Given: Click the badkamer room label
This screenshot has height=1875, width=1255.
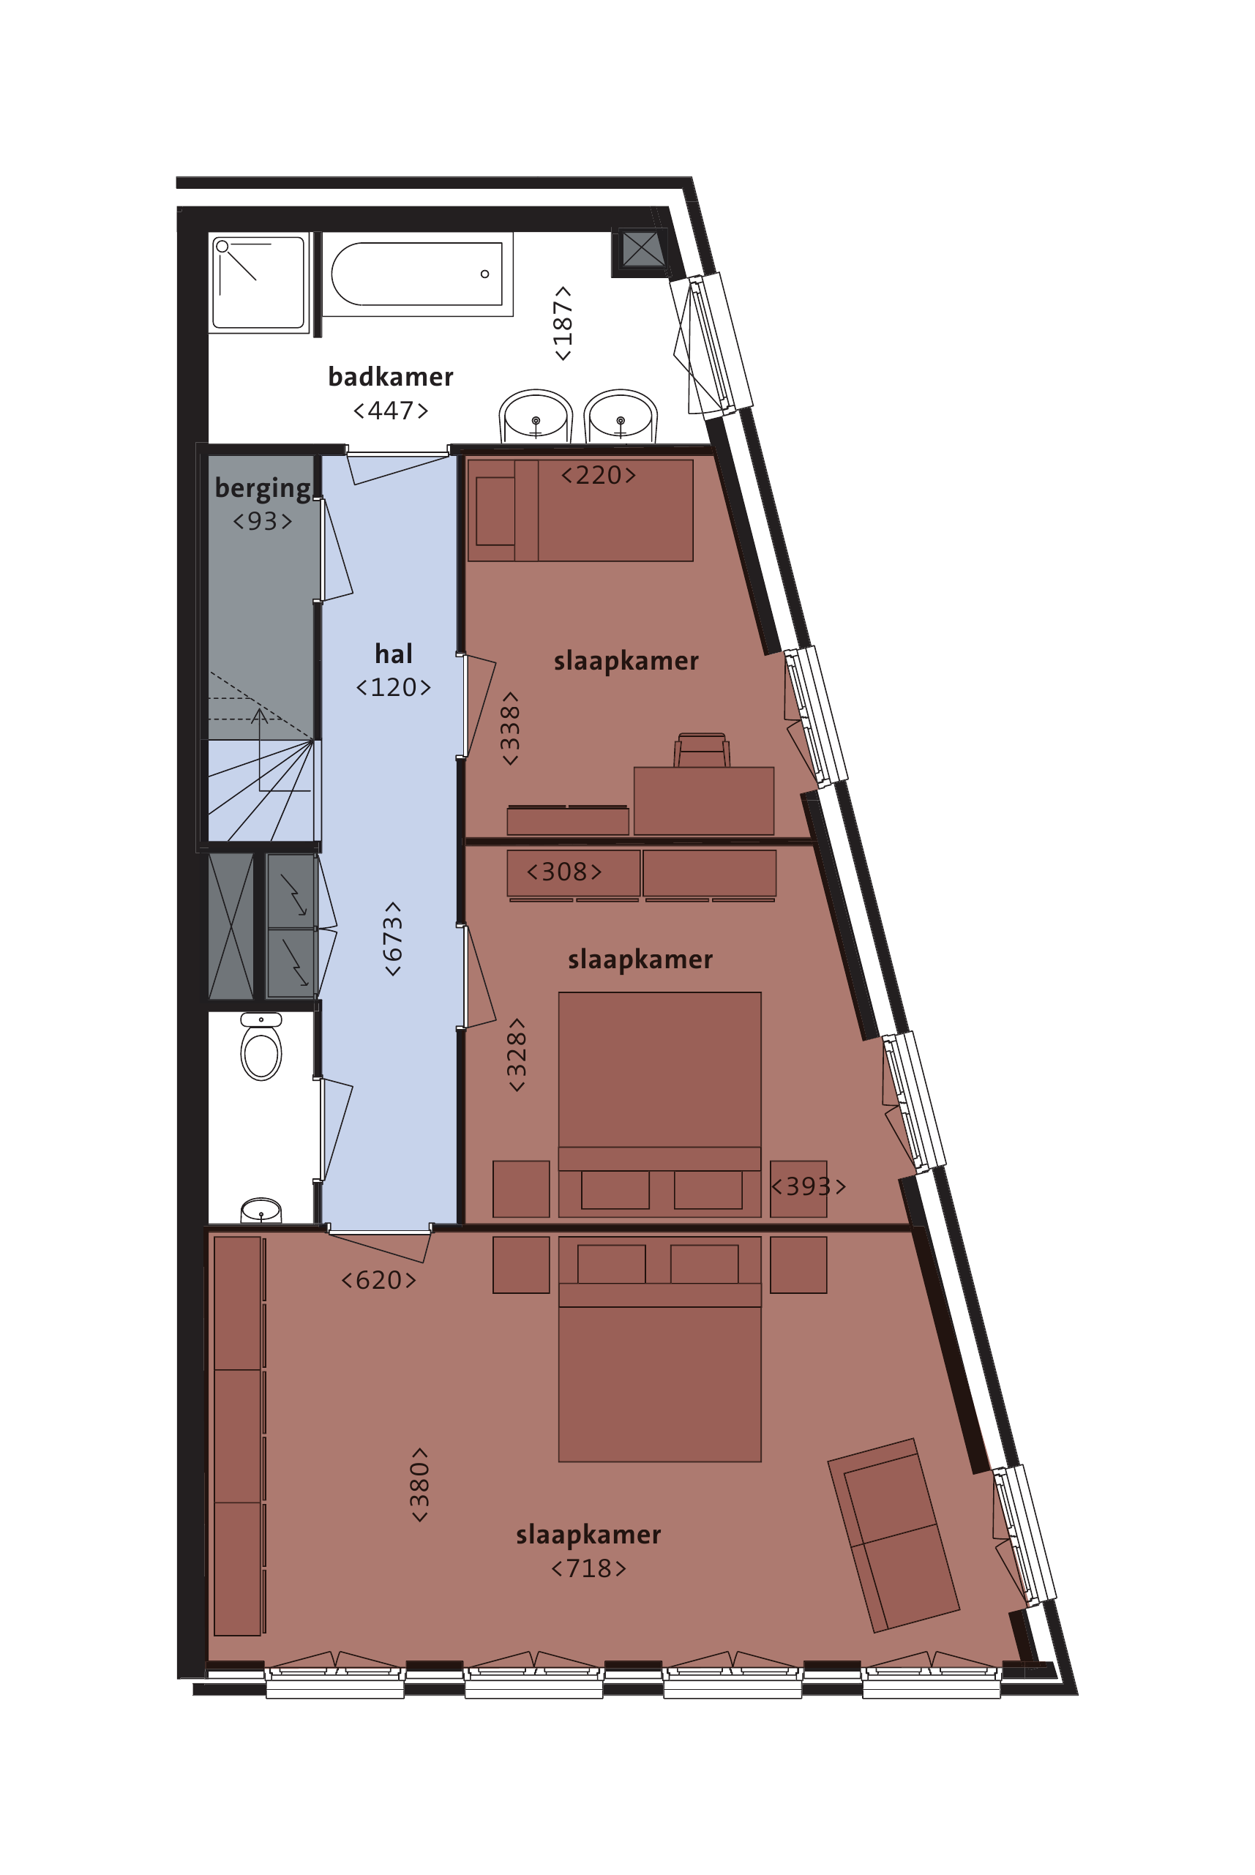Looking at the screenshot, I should (x=391, y=376).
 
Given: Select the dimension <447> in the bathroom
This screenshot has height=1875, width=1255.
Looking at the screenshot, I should (x=391, y=411).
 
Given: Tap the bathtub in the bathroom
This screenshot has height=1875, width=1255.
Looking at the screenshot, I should (x=417, y=274).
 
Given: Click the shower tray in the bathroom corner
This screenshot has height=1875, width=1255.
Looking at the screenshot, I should (x=258, y=282).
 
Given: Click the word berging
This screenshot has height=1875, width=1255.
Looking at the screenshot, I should (x=263, y=487).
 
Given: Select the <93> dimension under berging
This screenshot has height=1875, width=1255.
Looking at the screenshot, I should (x=263, y=521).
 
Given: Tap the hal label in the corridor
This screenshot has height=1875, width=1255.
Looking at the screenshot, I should (x=393, y=654).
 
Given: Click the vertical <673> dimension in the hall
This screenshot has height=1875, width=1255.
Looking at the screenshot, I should (x=392, y=939).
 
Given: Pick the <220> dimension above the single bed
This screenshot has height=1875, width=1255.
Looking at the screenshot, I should (x=599, y=476).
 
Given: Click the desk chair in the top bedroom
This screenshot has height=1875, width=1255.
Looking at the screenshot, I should (x=702, y=751).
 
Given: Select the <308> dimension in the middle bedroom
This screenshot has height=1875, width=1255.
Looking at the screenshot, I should (x=564, y=872).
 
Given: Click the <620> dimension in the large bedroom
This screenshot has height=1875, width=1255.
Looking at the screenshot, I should (x=378, y=1279).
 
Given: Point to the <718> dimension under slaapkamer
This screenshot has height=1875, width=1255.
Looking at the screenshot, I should (x=588, y=1568).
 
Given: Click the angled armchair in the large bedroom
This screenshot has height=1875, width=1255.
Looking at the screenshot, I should (x=894, y=1534).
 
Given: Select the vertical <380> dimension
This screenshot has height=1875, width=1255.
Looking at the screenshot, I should (x=419, y=1484).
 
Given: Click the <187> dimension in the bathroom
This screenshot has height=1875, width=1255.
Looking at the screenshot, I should (x=563, y=323).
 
